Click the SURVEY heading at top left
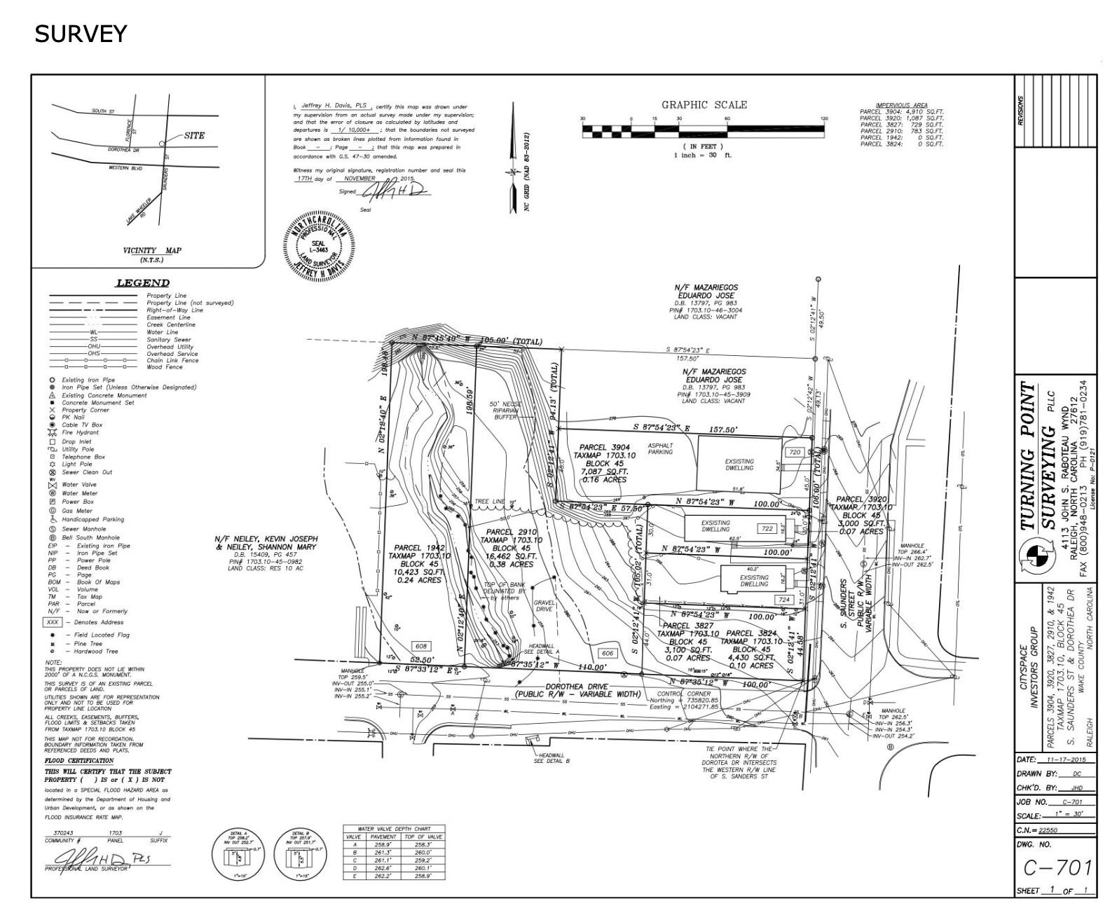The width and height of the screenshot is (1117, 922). [x=81, y=34]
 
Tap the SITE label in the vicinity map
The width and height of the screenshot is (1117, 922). [x=194, y=135]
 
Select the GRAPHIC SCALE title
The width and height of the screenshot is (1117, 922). [x=704, y=105]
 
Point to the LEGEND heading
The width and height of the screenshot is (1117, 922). [x=142, y=283]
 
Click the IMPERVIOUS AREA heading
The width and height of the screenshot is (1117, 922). [x=901, y=105]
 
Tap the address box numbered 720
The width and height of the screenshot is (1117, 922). [x=795, y=453]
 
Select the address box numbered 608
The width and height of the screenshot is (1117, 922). [x=421, y=646]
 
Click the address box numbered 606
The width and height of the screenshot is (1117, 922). [x=607, y=653]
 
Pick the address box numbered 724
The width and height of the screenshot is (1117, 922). [x=783, y=600]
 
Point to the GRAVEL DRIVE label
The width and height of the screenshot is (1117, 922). [x=544, y=606]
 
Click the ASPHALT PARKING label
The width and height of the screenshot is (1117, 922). [x=660, y=448]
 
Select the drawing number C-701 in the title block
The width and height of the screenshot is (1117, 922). [x=1057, y=868]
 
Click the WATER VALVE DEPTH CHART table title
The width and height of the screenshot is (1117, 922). [x=395, y=829]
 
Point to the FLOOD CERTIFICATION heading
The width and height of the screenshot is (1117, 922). [x=79, y=760]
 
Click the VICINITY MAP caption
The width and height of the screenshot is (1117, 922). [x=152, y=251]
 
